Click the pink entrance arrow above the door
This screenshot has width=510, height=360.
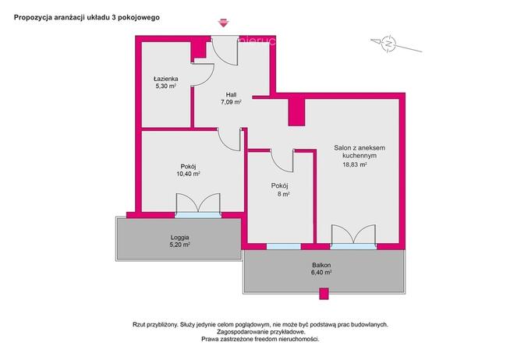coord(224,23)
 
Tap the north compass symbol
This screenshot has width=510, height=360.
coord(388,43)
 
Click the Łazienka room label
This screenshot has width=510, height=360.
coord(166,79)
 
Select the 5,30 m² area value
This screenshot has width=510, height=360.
coord(166,86)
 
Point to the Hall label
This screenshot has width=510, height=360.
coord(231,94)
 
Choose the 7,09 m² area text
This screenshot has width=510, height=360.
coord(231,102)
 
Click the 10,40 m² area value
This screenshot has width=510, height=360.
coord(188,174)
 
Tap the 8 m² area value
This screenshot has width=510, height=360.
coord(284,194)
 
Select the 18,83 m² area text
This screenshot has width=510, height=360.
coord(355,164)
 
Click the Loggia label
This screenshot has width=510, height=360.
coord(180,238)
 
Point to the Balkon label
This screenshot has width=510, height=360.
coord(321,265)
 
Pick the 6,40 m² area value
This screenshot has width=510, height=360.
coord(321,273)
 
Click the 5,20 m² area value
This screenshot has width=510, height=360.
coord(180,245)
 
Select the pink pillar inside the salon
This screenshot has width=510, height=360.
coord(296,112)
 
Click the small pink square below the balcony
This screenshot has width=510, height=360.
coord(324,294)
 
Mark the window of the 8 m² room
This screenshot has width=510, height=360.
coord(284,246)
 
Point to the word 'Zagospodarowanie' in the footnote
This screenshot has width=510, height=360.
coord(239,332)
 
